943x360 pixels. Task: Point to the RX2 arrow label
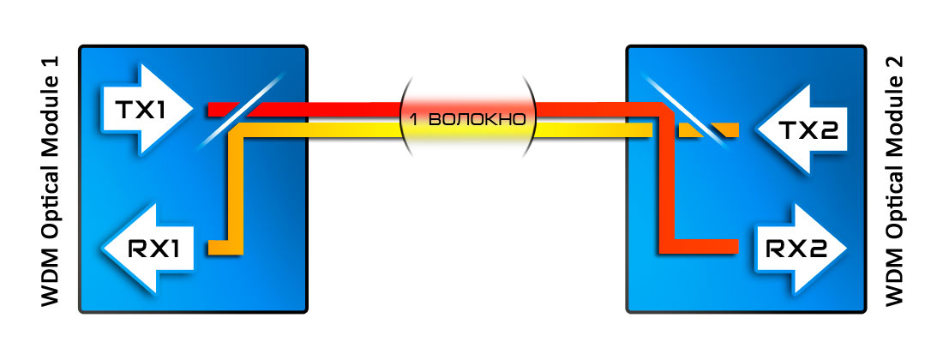794,249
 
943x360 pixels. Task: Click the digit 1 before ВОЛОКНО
414,119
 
